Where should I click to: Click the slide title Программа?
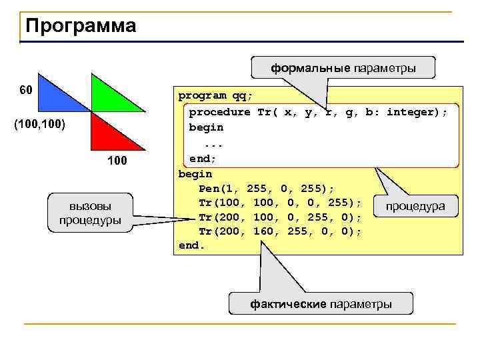click(x=81, y=26)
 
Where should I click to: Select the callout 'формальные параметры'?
click(x=343, y=68)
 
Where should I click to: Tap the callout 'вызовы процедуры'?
click(x=90, y=213)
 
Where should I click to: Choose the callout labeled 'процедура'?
click(x=415, y=207)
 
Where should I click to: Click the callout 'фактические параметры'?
click(x=321, y=304)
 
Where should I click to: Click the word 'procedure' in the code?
click(x=219, y=112)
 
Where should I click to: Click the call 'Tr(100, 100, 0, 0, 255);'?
click(x=280, y=203)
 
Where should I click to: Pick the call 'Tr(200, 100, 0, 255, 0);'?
click(x=280, y=217)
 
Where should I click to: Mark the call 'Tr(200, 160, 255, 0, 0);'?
click(x=280, y=231)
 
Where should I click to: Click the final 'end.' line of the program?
click(x=192, y=246)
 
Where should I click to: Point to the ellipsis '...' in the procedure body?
click(x=211, y=143)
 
